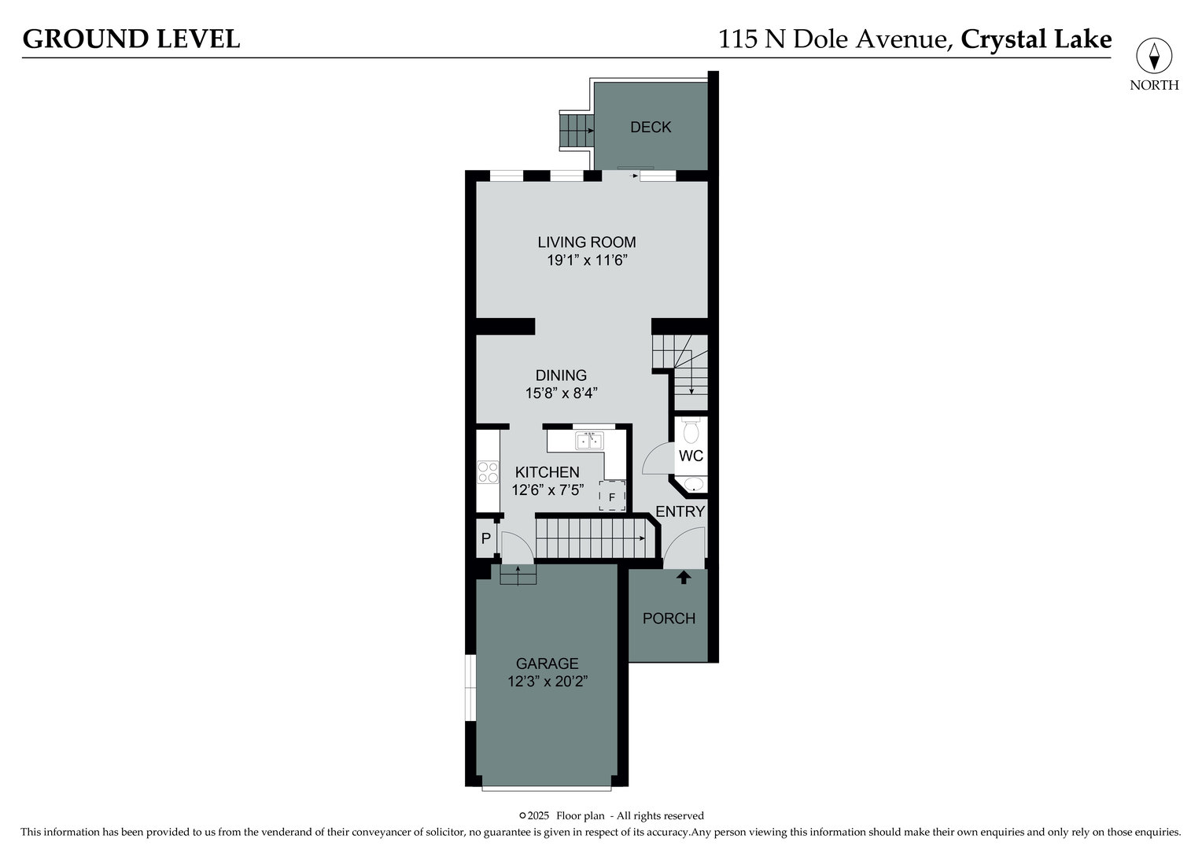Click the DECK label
pyautogui.click(x=651, y=127)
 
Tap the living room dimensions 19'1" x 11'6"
pyautogui.click(x=587, y=261)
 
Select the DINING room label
pyautogui.click(x=561, y=375)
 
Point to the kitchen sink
pyautogui.click(x=589, y=441)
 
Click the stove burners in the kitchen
pyautogui.click(x=488, y=471)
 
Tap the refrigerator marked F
pyautogui.click(x=612, y=497)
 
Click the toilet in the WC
pyautogui.click(x=691, y=431)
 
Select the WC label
pyautogui.click(x=691, y=456)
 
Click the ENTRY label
pyautogui.click(x=680, y=512)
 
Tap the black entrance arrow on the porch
pyautogui.click(x=684, y=577)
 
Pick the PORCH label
pyautogui.click(x=669, y=619)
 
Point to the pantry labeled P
pyautogui.click(x=486, y=539)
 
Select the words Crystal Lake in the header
pyautogui.click(x=1036, y=39)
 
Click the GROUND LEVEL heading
pyautogui.click(x=131, y=39)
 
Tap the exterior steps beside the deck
pyautogui.click(x=576, y=131)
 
